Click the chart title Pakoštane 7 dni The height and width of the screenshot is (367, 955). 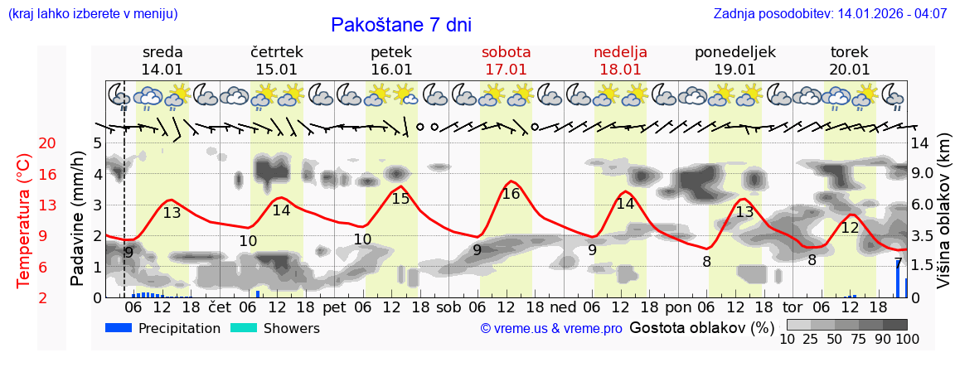point(400,25)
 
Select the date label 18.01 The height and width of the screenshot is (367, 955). point(620,70)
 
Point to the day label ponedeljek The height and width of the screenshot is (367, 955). point(734,52)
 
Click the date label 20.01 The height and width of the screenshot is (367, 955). point(850,70)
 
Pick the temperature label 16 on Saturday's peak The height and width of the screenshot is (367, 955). point(511,194)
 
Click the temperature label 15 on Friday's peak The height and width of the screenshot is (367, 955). point(400,199)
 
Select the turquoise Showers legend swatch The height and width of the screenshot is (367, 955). point(243,328)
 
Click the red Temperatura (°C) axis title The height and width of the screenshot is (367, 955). point(23,220)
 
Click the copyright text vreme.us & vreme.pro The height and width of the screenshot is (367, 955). point(551,329)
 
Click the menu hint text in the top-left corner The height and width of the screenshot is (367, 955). point(92,14)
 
